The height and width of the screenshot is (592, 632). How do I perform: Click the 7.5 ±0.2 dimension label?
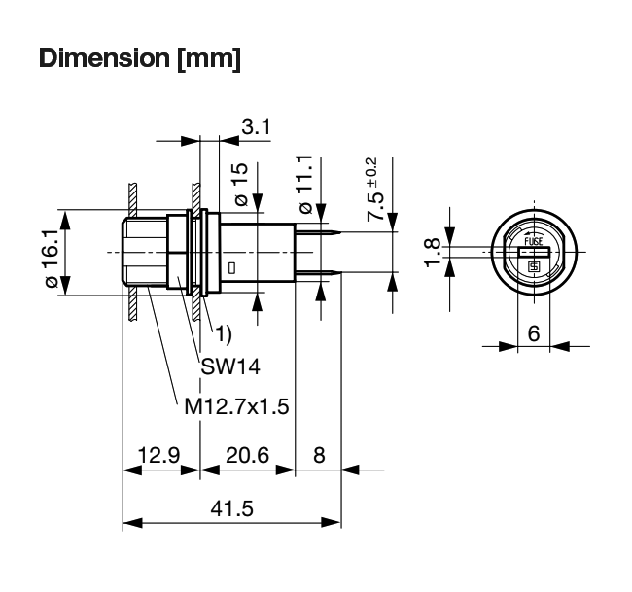pos(374,190)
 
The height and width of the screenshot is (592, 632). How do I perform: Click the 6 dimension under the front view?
pos(534,331)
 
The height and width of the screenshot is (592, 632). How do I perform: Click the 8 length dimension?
pos(318,455)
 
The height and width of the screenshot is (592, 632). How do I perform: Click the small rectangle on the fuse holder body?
pos(231,266)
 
